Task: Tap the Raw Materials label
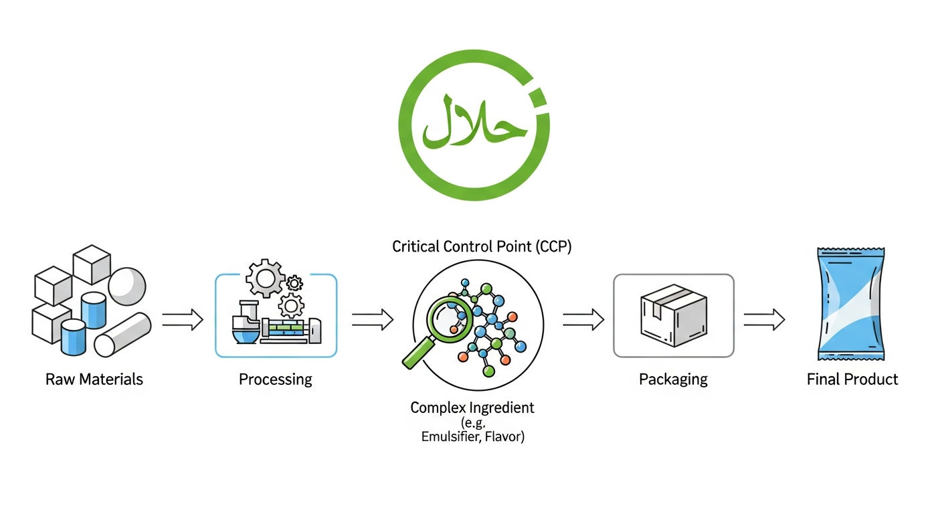coord(94,379)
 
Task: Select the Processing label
coord(276,379)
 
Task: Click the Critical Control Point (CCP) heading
coord(482,246)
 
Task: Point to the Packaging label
coord(673,379)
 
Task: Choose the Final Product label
coord(852,379)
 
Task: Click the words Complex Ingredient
coord(472,408)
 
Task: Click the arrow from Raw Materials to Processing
coord(183,320)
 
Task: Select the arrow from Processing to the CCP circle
coord(373,320)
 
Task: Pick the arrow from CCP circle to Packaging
coord(583,320)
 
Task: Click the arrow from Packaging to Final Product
coord(764,320)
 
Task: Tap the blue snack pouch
coord(851,304)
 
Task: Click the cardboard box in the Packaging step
coord(674,315)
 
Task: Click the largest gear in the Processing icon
coord(266,278)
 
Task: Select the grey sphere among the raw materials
coord(127,286)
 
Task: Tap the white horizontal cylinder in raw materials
coord(122,335)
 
